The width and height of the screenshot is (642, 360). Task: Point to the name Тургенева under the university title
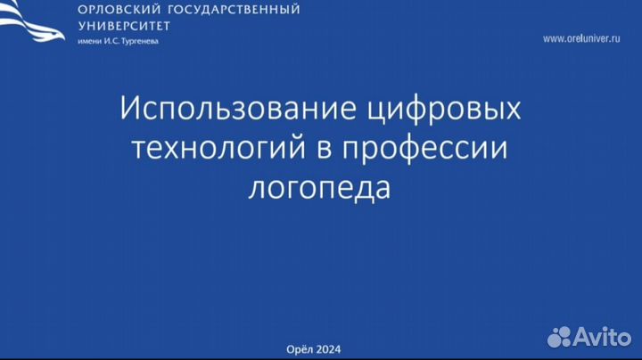point(136,41)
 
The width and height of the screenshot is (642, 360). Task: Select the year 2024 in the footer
point(328,349)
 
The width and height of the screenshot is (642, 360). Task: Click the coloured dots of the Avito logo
point(559,336)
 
